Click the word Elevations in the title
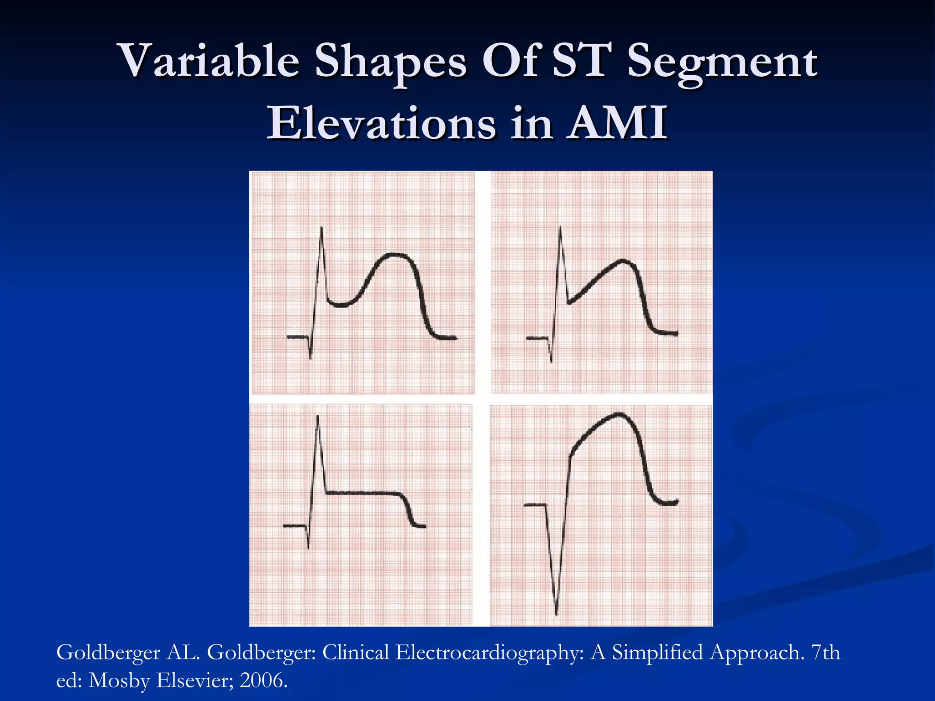(x=381, y=123)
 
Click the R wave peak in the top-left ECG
(x=322, y=228)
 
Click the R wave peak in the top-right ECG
(x=560, y=227)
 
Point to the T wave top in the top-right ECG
(x=622, y=261)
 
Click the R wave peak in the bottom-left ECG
(x=318, y=416)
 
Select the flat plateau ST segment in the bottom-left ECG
(x=363, y=492)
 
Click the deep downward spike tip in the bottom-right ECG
(x=556, y=613)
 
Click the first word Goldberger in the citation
(x=108, y=652)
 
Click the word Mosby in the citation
(x=119, y=680)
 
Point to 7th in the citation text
(x=825, y=652)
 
